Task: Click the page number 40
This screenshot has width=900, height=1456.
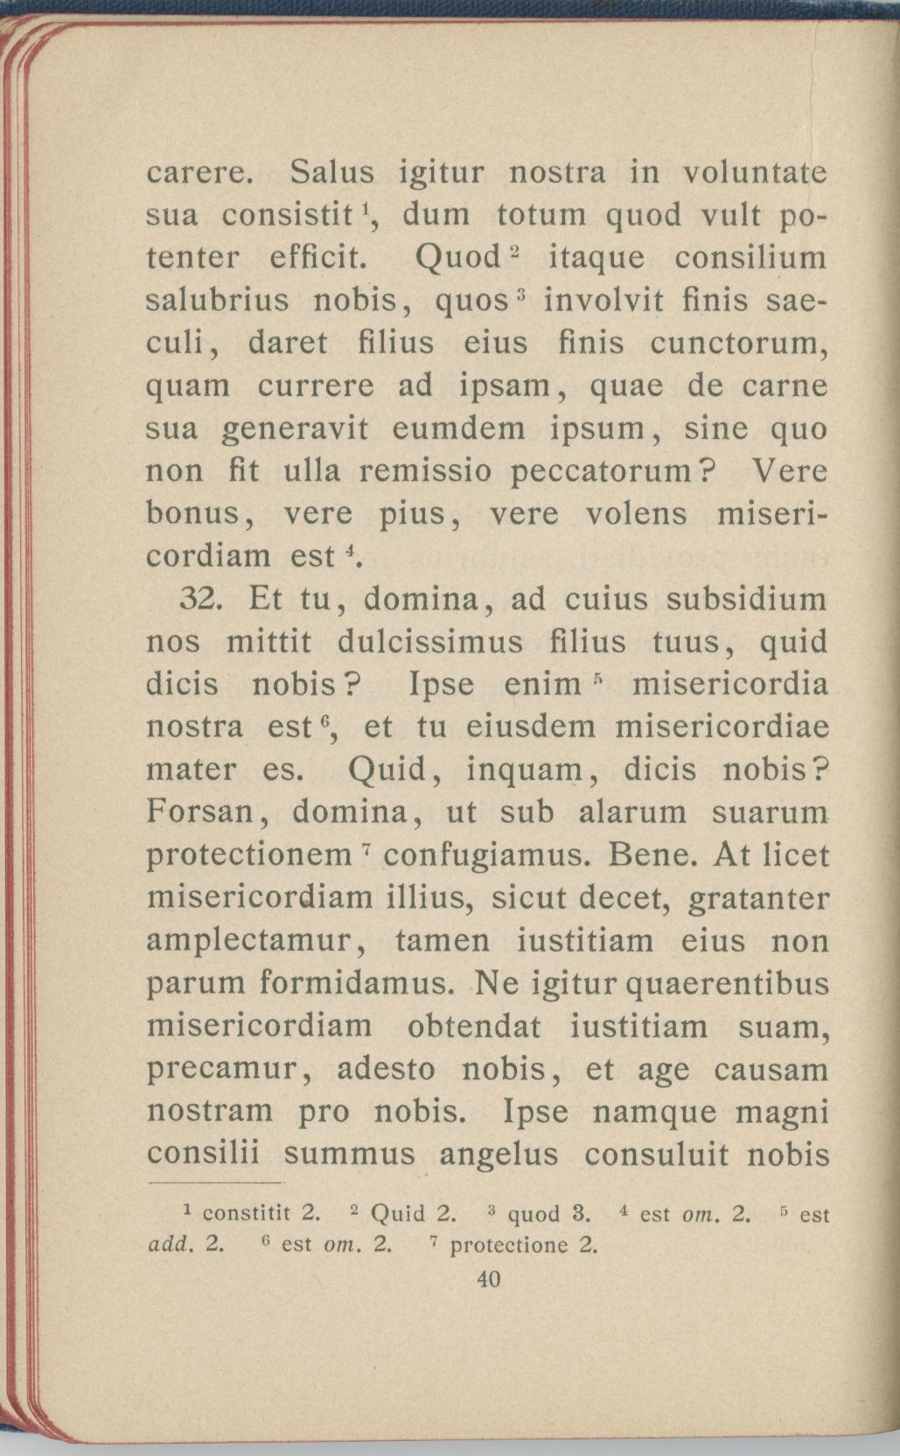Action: click(488, 1279)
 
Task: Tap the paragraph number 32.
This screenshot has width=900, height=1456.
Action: click(204, 600)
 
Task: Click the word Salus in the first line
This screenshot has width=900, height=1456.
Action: click(331, 172)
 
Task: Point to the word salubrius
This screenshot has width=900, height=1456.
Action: click(217, 301)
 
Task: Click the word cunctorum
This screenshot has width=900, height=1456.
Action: click(738, 344)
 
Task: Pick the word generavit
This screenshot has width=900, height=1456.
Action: click(296, 429)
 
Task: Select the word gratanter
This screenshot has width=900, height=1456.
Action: click(758, 898)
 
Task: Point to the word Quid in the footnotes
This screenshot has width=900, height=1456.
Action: click(399, 1215)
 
